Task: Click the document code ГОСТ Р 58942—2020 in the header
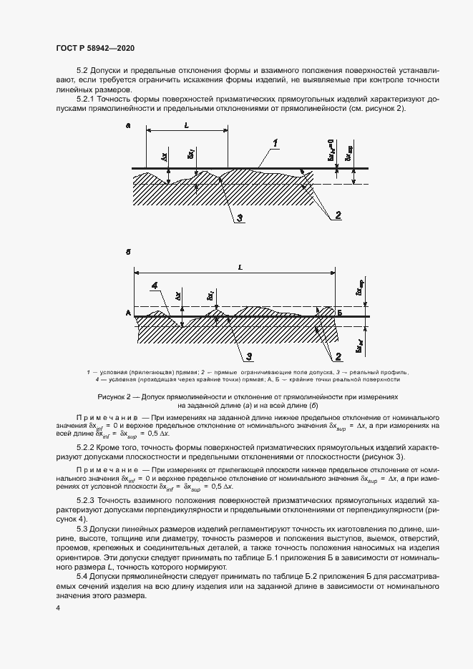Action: pos(95,48)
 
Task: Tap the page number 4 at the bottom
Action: pos(57,607)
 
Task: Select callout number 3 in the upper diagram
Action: pos(241,218)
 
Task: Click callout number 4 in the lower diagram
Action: pos(155,285)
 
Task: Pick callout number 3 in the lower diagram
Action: pos(248,355)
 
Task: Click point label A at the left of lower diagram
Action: pos(127,313)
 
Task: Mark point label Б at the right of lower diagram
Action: pos(340,313)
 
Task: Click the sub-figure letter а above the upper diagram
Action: pos(127,126)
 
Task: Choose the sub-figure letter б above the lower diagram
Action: pos(127,253)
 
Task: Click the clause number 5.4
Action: pos(83,576)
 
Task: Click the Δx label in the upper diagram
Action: pos(165,155)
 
